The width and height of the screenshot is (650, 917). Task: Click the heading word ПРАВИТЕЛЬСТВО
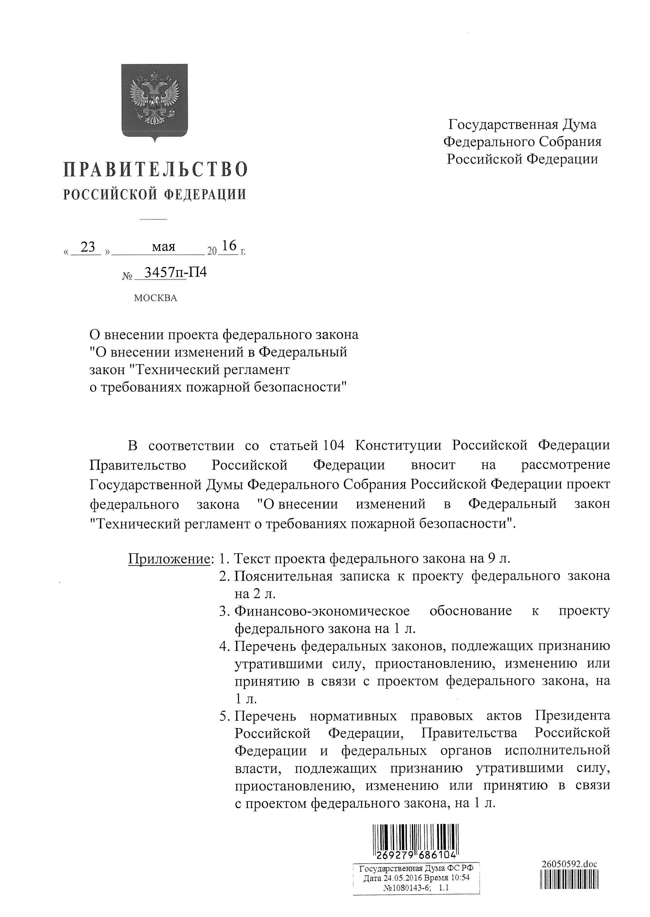[155, 169]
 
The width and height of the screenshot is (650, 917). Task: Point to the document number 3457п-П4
[175, 273]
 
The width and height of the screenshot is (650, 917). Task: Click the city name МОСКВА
[155, 298]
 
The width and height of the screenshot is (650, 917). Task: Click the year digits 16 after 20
[229, 245]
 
